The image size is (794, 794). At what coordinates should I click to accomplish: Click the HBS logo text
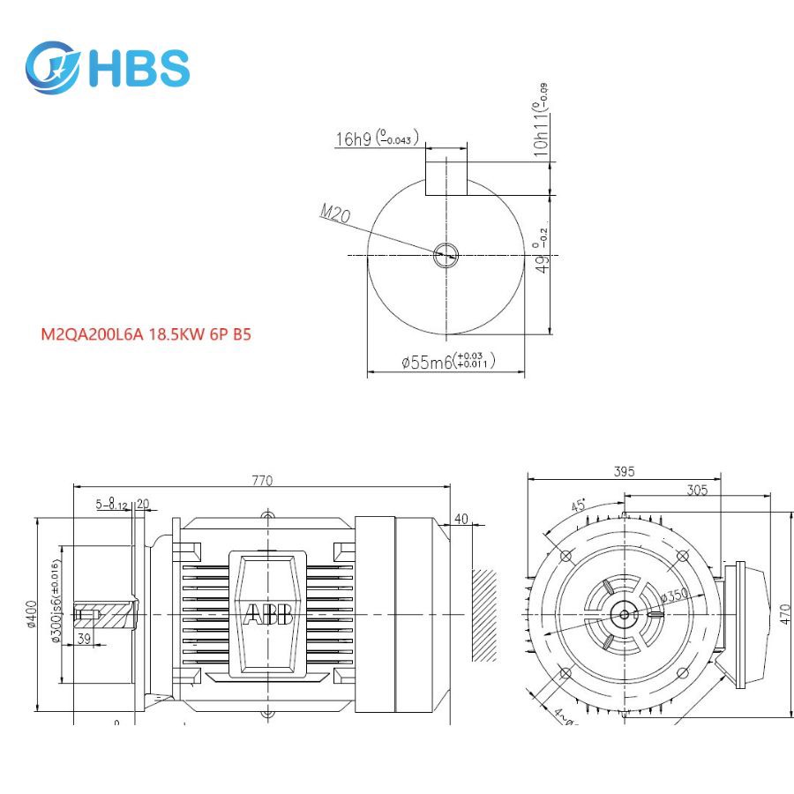pyautogui.click(x=139, y=68)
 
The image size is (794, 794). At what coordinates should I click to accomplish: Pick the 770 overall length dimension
pyautogui.click(x=262, y=481)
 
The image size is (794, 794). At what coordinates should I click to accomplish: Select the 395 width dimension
pyautogui.click(x=624, y=472)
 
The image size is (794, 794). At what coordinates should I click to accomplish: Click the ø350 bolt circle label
pyautogui.click(x=674, y=596)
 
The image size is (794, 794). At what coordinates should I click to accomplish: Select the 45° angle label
pyautogui.click(x=578, y=506)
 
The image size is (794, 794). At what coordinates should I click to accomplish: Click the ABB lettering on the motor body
pyautogui.click(x=268, y=615)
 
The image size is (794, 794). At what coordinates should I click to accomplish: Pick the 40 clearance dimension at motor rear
pyautogui.click(x=461, y=518)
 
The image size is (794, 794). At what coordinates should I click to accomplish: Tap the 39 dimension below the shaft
pyautogui.click(x=85, y=638)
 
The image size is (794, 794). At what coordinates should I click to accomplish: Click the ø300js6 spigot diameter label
pyautogui.click(x=57, y=600)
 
